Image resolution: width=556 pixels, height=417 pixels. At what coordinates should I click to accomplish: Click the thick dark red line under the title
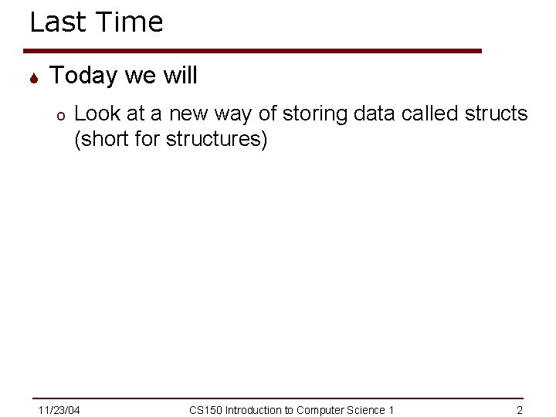pyautogui.click(x=255, y=51)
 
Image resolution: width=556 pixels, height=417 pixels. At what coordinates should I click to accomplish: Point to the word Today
pyautogui.click(x=83, y=76)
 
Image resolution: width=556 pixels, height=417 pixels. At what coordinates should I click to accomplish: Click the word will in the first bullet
pyautogui.click(x=179, y=76)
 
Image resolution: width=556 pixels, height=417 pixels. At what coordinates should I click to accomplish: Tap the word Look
pyautogui.click(x=97, y=114)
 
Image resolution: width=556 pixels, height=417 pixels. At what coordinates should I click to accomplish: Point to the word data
pyautogui.click(x=376, y=114)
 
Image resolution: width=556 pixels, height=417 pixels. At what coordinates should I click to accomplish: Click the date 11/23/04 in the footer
pyautogui.click(x=59, y=410)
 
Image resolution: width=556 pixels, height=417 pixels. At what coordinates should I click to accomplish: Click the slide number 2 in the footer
pyautogui.click(x=520, y=410)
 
